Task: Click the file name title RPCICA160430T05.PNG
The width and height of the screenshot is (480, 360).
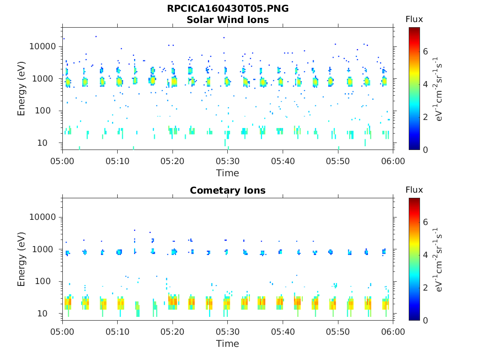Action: point(227,8)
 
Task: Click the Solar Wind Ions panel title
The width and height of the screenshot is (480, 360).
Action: point(227,20)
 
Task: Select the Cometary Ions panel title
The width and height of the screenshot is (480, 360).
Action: point(227,190)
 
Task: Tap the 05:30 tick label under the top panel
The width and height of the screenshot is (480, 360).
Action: point(228,161)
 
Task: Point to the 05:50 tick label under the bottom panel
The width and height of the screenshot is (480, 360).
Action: point(338,332)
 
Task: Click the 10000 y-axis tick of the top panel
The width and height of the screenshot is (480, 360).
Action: point(43,46)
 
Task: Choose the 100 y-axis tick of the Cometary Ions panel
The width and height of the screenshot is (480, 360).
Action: point(49,281)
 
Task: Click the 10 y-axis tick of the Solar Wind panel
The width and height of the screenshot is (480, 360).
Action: point(51,143)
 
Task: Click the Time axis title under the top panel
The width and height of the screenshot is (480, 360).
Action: point(227,173)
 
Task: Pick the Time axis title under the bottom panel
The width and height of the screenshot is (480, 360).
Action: point(227,344)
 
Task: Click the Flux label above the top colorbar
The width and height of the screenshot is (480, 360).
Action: point(414,19)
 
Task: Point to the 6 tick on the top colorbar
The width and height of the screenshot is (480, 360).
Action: point(426,51)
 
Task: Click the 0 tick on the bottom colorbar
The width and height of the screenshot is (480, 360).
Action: point(426,320)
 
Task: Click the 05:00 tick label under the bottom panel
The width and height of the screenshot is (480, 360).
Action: point(63,332)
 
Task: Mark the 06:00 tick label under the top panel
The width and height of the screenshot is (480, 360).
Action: point(393,161)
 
